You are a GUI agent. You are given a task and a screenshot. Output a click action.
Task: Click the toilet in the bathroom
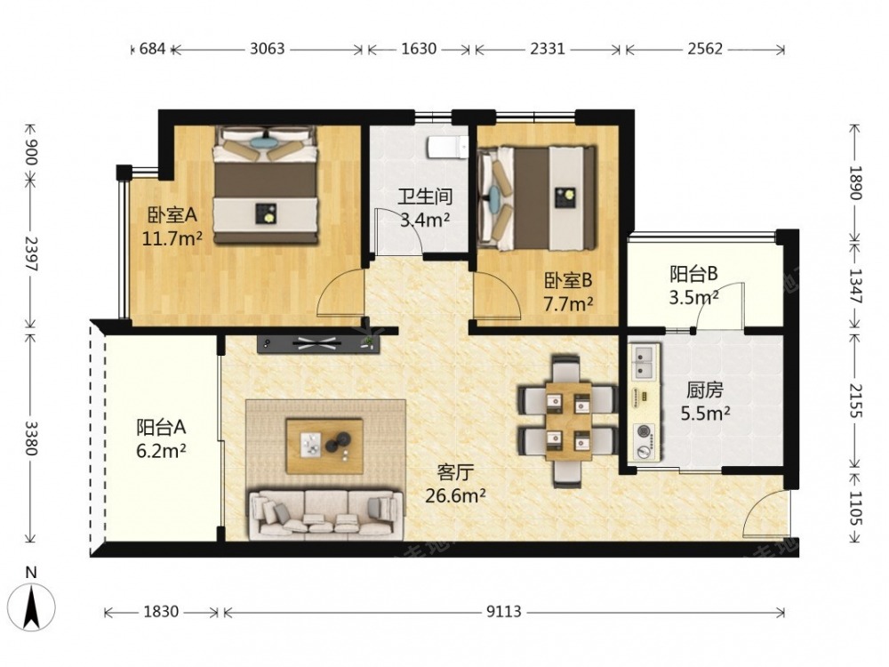pos(447,148)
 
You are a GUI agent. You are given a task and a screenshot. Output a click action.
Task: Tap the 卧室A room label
pos(172,215)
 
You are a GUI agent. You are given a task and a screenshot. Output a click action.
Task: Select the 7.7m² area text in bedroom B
pos(568,304)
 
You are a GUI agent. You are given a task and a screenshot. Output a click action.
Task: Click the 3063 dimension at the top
pos(267,49)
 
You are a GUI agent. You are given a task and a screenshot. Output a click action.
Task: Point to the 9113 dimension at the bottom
pos(504,612)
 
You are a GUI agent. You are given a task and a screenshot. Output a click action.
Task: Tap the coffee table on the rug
pos(324,446)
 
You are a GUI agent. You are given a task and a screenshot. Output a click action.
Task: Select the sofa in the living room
pos(326,514)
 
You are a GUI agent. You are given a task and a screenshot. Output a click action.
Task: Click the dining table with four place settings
pos(567,421)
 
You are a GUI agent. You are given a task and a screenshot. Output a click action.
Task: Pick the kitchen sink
pos(644,363)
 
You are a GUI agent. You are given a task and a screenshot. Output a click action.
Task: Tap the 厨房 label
pos(705,390)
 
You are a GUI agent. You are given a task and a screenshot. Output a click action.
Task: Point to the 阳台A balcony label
pos(161,427)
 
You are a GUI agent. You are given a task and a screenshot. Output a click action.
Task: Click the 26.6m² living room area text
pos(455,495)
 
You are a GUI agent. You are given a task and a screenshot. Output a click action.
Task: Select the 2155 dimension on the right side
pos(855,401)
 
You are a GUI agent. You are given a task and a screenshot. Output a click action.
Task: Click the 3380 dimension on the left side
pos(31,438)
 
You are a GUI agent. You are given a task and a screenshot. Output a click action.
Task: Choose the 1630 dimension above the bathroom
pos(419,49)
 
